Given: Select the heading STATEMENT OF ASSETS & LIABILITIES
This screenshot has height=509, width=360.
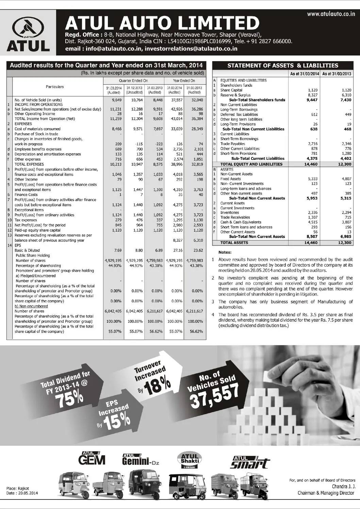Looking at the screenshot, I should click(283, 65).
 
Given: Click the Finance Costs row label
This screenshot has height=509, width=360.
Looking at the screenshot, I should click(26, 195).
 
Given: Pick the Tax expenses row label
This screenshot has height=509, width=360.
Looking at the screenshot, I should click(26, 220).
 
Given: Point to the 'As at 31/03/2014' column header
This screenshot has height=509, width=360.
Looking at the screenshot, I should click(305, 73).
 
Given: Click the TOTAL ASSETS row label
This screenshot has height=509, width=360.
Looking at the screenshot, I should click(234, 243).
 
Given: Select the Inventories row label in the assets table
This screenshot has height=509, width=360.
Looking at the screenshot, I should click(230, 213).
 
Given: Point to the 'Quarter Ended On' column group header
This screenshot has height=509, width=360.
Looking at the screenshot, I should click(133, 81).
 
